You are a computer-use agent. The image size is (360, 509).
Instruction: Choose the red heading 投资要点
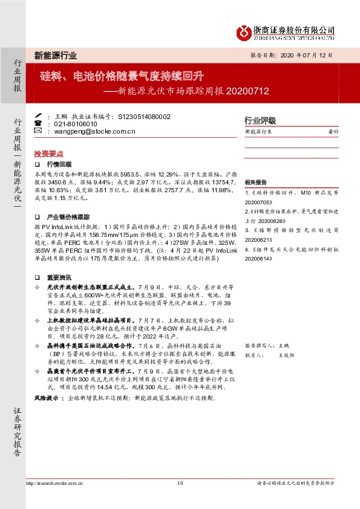tap(49, 154)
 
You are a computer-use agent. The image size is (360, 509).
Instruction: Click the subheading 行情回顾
tap(59, 164)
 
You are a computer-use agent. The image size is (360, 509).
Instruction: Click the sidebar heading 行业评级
tap(260, 120)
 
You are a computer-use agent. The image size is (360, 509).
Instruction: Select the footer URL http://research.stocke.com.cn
tap(54, 483)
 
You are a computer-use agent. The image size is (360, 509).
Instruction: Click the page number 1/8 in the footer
tap(180, 483)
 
